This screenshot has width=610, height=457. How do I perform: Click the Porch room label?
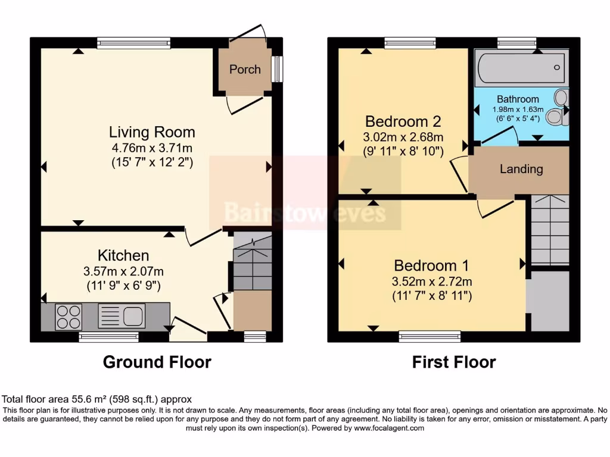click(x=245, y=69)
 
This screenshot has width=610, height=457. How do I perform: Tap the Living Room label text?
click(x=152, y=132)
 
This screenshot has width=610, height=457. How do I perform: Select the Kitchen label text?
click(x=123, y=256)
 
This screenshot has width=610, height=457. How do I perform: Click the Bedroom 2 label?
click(x=403, y=121)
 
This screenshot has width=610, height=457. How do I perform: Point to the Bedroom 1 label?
click(x=432, y=265)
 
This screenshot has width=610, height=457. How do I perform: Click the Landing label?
click(x=521, y=169)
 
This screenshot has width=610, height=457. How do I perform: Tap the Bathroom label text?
click(x=518, y=99)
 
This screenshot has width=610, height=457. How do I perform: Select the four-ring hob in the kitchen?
click(x=69, y=316)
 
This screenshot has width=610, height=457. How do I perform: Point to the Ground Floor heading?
click(x=157, y=362)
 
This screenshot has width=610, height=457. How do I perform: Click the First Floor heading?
click(x=454, y=362)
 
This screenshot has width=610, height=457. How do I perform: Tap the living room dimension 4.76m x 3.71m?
click(x=152, y=148)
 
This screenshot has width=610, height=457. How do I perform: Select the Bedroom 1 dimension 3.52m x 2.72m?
click(x=432, y=281)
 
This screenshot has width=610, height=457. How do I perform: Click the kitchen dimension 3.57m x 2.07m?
click(x=123, y=271)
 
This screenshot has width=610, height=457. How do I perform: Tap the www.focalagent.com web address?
click(x=389, y=428)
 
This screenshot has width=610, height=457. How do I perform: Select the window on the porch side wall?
click(x=278, y=69)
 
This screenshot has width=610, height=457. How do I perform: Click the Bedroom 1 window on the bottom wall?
click(x=430, y=336)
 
